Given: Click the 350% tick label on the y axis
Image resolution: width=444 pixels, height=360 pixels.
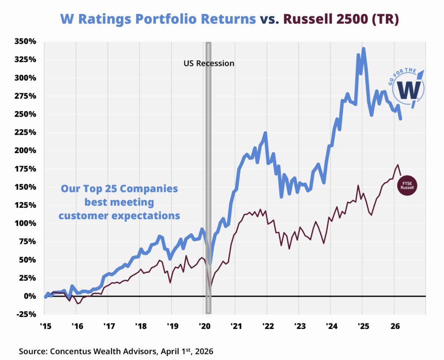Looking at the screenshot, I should (x=26, y=42).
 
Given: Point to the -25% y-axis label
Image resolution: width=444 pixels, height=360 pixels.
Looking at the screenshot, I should (x=26, y=314).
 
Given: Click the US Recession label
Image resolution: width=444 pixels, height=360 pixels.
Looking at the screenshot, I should (x=208, y=63).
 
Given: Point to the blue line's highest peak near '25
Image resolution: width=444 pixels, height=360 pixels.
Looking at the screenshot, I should (x=363, y=49).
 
